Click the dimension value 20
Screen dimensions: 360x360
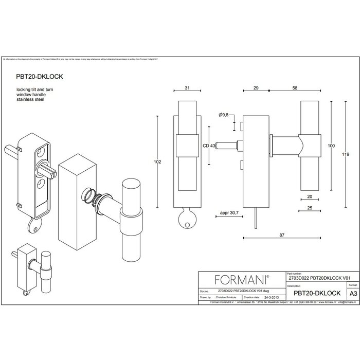(x=310, y=196)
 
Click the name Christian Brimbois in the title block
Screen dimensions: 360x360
(x=226, y=297)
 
